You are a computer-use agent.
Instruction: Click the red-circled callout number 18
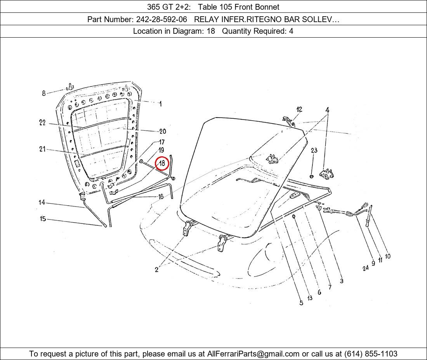[162, 164]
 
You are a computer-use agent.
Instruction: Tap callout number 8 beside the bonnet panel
[44, 93]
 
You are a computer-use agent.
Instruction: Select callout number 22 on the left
[42, 123]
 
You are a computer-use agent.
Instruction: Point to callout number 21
[42, 149]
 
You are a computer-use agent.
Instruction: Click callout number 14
[42, 202]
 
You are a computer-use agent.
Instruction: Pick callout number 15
[43, 219]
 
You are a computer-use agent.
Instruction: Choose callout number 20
[163, 132]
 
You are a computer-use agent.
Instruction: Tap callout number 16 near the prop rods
[161, 197]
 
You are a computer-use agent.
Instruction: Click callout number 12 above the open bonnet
[299, 109]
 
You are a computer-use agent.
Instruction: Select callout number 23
[314, 150]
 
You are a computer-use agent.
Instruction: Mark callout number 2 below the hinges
[156, 270]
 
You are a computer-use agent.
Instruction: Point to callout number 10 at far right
[387, 256]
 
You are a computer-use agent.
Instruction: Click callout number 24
[365, 268]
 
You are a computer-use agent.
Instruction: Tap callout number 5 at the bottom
[301, 303]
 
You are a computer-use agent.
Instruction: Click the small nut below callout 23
[312, 177]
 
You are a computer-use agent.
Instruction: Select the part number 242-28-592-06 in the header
[161, 19]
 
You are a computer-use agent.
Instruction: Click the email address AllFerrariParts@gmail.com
[253, 354]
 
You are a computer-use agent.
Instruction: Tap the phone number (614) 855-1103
[371, 354]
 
